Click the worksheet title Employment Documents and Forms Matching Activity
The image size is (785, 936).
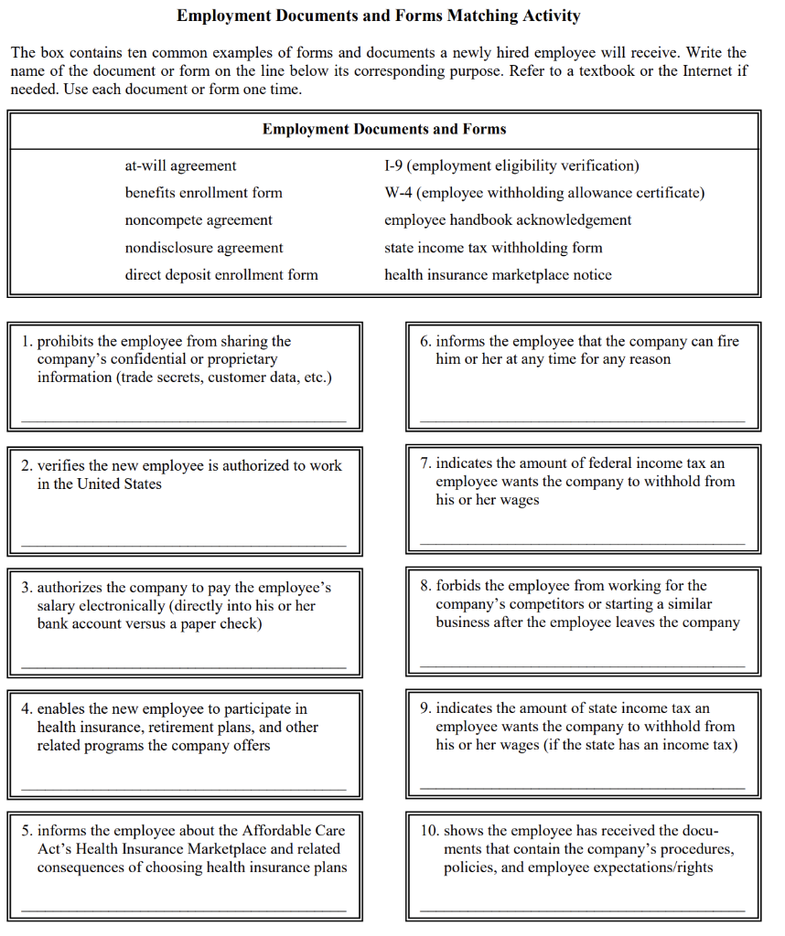point(378,16)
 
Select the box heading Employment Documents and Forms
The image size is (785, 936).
point(384,129)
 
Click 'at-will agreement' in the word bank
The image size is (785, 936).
point(180,165)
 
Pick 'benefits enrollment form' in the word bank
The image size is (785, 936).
point(203,193)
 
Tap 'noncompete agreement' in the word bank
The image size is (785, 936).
point(199,220)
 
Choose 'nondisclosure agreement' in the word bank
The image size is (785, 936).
point(204,248)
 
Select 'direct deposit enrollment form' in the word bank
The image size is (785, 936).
point(221,274)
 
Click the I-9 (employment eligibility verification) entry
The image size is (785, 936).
point(511,165)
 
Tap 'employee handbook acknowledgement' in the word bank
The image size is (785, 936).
point(508,220)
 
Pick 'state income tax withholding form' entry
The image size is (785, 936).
point(493,248)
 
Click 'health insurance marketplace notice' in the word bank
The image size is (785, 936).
point(498,274)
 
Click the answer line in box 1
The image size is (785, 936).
point(184,420)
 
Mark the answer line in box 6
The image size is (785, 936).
point(583,420)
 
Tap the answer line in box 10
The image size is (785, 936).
point(583,910)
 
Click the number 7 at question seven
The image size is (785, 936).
point(425,464)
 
